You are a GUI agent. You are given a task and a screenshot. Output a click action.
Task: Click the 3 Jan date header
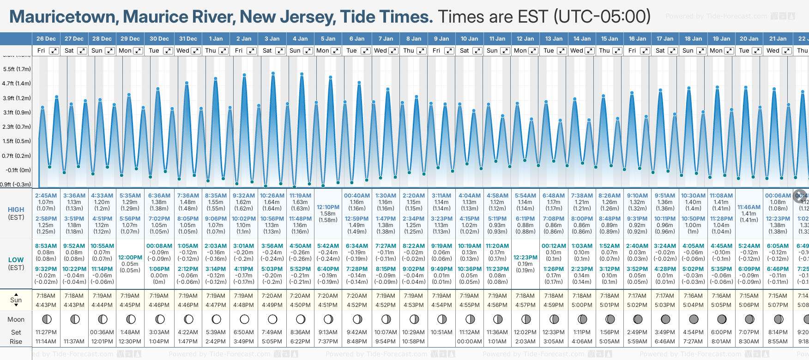[x=272, y=39]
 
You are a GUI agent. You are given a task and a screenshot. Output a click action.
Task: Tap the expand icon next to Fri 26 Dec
[x=54, y=51]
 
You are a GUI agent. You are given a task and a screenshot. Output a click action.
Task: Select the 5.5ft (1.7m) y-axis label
[x=17, y=69]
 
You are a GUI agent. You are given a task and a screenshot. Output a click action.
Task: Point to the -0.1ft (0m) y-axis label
[x=18, y=170]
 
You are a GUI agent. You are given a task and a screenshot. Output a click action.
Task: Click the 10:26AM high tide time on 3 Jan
[x=272, y=196]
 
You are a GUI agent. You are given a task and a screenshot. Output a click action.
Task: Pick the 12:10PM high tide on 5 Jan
[x=328, y=207]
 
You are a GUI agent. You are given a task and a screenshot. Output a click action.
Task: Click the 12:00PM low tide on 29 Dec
[x=130, y=258]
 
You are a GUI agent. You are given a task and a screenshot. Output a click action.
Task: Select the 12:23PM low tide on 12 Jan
[x=525, y=258]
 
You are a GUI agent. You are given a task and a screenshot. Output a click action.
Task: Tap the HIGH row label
[x=16, y=210]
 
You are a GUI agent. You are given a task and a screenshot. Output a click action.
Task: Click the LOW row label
[x=16, y=260]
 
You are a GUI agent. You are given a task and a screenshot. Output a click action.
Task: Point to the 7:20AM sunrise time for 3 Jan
[x=272, y=296]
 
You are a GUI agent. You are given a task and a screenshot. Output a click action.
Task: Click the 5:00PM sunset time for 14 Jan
[x=582, y=305]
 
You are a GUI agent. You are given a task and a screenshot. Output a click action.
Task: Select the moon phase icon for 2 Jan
[x=244, y=319]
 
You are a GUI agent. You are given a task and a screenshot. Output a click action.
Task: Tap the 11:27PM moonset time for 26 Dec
[x=46, y=332]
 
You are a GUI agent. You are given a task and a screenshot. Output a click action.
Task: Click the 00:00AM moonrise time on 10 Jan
[x=469, y=342]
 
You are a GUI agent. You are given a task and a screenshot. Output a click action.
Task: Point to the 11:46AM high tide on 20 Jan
[x=749, y=207]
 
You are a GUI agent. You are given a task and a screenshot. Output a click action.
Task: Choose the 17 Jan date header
[x=665, y=39]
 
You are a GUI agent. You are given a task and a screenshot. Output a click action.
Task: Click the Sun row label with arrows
[x=16, y=300]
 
